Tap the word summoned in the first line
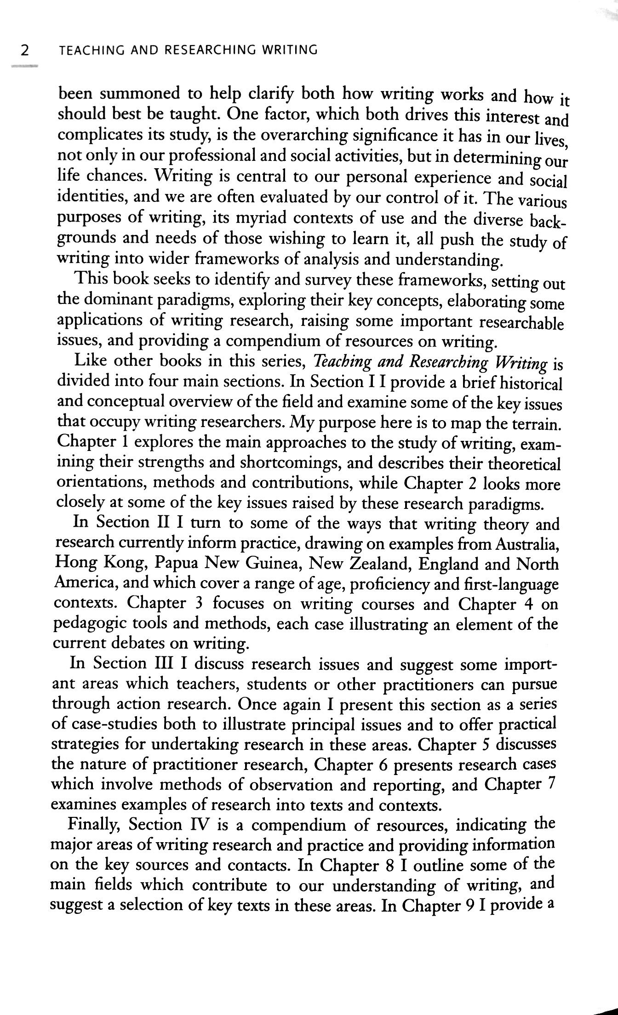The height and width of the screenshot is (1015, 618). [x=139, y=94]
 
